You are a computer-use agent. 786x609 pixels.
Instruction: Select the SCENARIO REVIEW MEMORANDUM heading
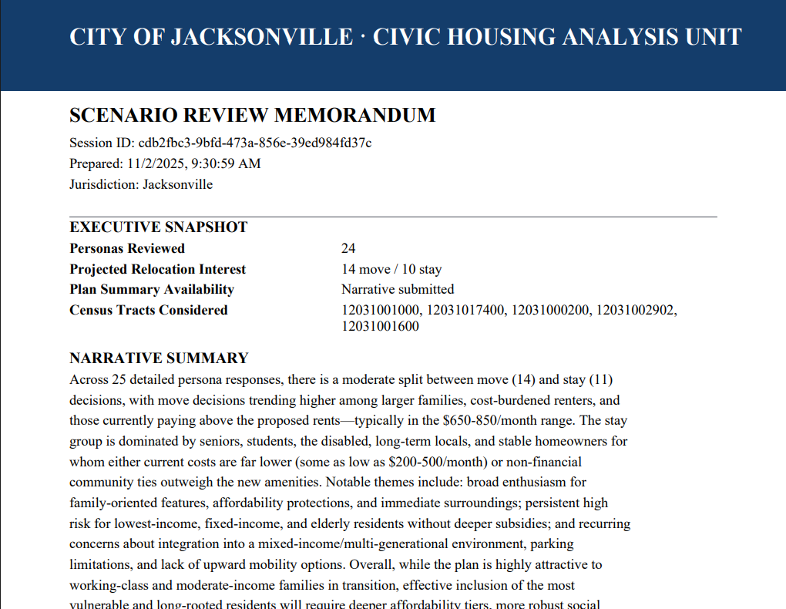(x=252, y=116)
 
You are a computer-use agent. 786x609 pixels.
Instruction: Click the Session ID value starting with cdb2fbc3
(x=255, y=143)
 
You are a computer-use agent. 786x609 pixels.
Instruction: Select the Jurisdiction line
(x=141, y=184)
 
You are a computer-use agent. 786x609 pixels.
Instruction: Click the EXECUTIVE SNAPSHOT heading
(x=159, y=227)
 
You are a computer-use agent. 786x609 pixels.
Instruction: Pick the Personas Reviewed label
(x=127, y=248)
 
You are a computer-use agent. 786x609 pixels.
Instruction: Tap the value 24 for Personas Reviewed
(x=348, y=248)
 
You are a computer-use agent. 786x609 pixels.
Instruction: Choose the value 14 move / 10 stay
(x=391, y=269)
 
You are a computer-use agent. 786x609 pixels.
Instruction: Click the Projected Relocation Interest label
(x=158, y=269)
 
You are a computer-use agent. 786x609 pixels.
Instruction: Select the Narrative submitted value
(x=398, y=289)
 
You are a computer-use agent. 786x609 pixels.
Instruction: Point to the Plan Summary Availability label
(x=152, y=289)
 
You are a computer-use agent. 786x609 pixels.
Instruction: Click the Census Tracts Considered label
(x=149, y=310)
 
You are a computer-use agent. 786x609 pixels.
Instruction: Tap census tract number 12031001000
(x=381, y=310)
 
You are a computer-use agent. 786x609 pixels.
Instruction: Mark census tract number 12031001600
(x=381, y=326)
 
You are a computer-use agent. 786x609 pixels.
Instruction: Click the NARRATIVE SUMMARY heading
(x=159, y=358)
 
